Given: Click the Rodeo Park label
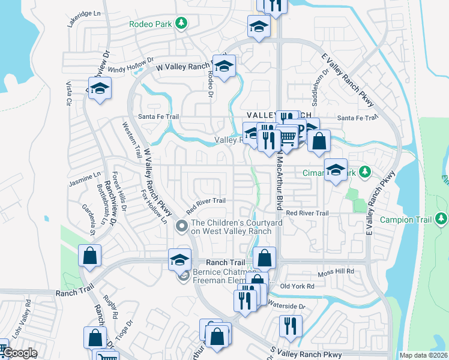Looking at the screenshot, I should (x=151, y=24).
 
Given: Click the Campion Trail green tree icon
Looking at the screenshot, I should (x=442, y=218).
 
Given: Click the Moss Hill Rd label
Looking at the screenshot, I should (x=336, y=272).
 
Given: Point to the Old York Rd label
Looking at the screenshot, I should (x=297, y=286).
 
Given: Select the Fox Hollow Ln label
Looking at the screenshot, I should (x=155, y=208).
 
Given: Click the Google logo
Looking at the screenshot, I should (x=20, y=353).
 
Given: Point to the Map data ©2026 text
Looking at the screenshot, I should (x=421, y=355).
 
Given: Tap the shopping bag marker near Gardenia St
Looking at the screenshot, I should (x=89, y=256).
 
